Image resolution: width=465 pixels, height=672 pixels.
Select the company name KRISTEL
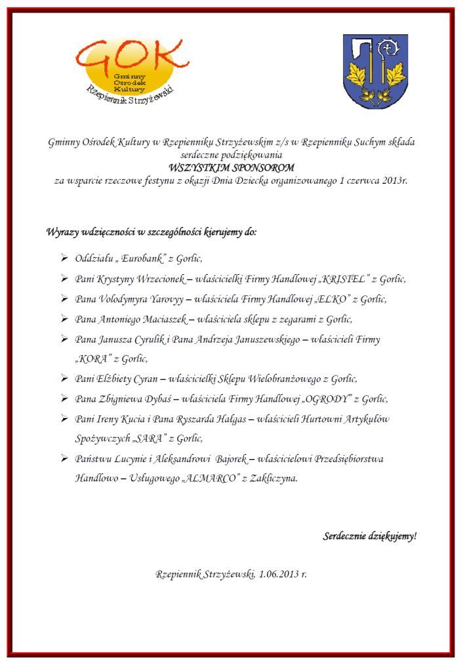coord(344,279)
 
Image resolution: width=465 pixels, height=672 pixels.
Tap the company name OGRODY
coord(342,399)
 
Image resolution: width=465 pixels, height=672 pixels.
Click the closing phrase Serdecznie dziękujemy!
coord(369,536)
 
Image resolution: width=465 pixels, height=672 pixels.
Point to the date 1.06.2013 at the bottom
coord(281,574)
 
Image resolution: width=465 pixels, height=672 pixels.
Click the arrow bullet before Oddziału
coord(64,259)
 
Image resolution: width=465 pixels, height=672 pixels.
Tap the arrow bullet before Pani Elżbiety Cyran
coord(64,379)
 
